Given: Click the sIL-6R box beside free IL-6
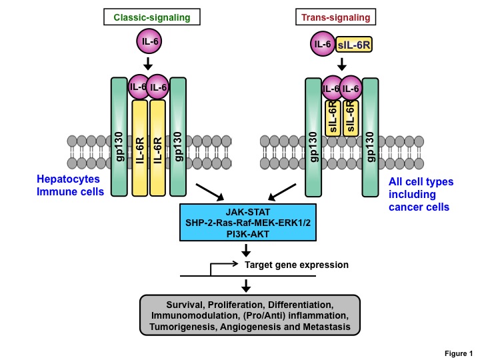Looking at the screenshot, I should click(x=357, y=45).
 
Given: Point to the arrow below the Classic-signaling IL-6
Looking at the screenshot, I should click(x=149, y=65).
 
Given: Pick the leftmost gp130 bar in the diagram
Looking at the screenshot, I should click(x=119, y=136).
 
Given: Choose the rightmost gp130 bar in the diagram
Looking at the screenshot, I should click(x=371, y=137).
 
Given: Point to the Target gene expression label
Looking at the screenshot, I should click(x=297, y=265).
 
